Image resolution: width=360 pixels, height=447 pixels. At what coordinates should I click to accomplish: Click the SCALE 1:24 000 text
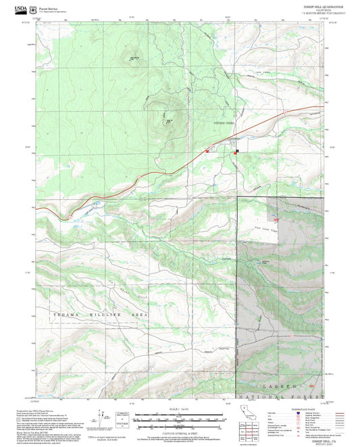[x=180, y=409]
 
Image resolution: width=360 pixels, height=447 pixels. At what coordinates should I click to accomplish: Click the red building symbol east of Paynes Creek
[x=235, y=153]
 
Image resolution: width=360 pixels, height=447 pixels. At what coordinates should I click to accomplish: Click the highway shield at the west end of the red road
[x=70, y=218]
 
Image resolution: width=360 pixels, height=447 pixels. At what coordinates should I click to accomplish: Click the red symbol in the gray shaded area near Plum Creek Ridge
[x=275, y=217]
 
